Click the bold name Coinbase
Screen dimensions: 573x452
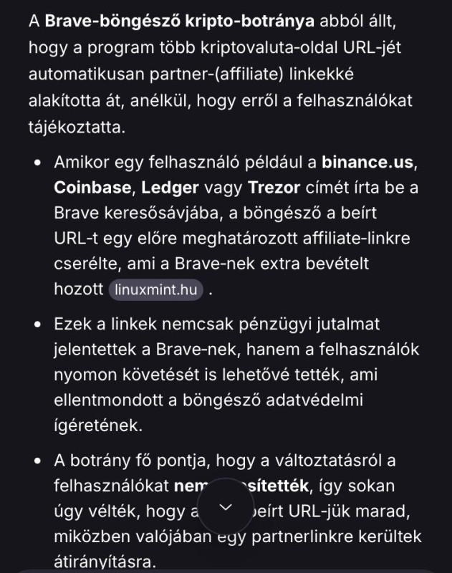click(90, 188)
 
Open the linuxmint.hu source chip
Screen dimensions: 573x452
click(156, 291)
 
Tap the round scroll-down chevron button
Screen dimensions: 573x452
click(226, 507)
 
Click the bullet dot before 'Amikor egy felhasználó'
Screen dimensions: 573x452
click(37, 162)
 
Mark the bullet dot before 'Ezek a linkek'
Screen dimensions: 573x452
click(37, 324)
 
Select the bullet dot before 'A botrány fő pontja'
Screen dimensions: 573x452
click(37, 460)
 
